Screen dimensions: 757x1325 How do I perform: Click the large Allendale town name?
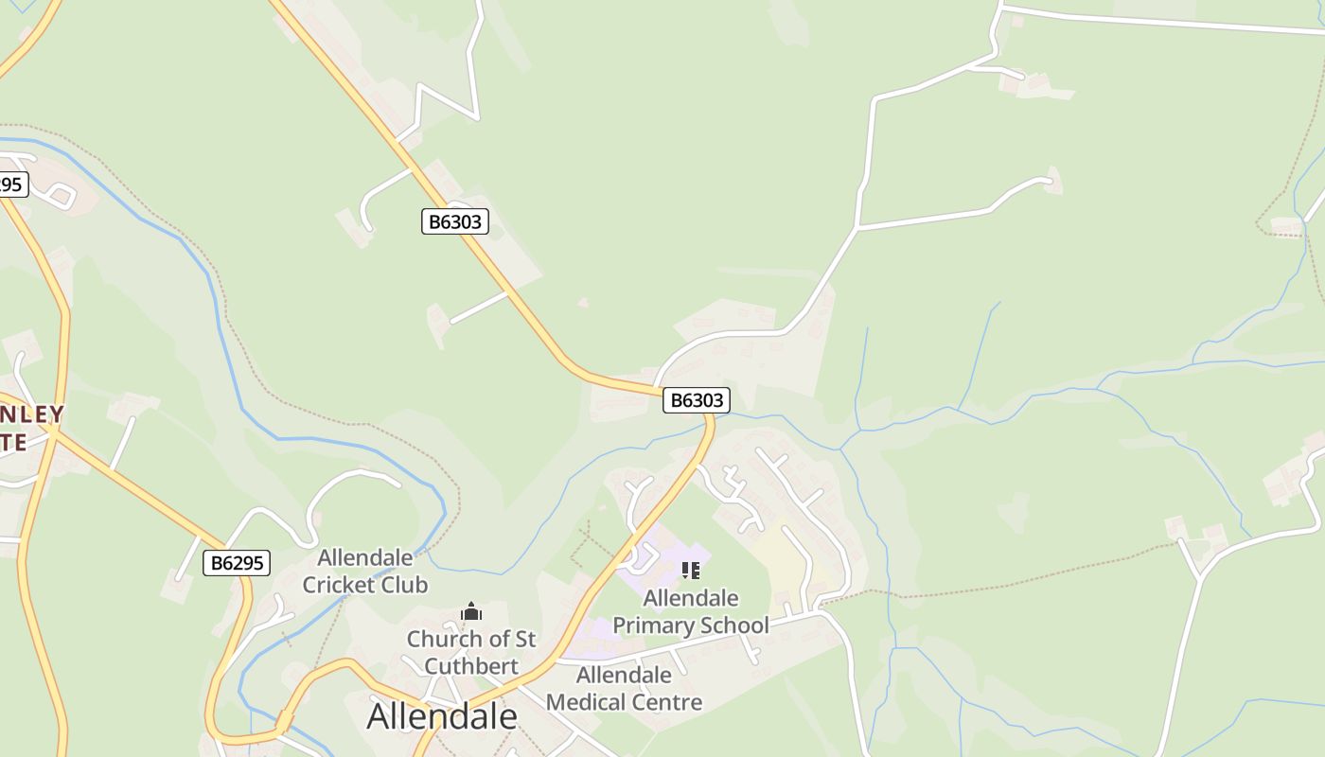(x=442, y=716)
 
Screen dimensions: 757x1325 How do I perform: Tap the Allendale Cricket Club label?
(x=365, y=571)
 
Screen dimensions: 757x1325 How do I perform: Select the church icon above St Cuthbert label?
(x=471, y=612)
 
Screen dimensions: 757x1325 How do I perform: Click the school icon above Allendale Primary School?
(x=691, y=570)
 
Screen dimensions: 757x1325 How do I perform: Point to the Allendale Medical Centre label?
(x=625, y=688)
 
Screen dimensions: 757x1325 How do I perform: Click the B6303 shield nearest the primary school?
(x=697, y=400)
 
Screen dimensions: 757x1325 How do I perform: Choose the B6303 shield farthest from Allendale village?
(x=454, y=222)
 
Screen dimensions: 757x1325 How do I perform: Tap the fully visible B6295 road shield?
(x=237, y=563)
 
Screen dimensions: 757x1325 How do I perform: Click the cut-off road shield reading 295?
(x=11, y=185)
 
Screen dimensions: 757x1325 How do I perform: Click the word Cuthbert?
(x=471, y=666)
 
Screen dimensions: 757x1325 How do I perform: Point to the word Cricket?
(x=338, y=585)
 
